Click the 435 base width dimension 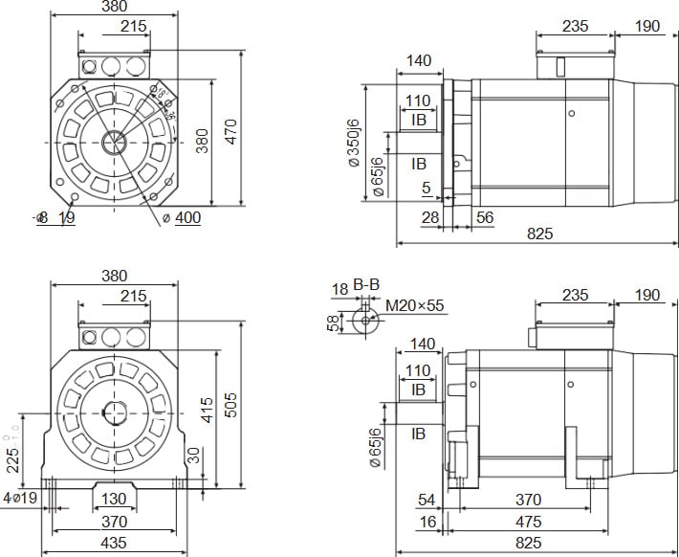point(114,542)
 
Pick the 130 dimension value point(114,500)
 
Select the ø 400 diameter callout point(182,218)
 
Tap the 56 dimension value point(485,218)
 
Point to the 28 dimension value point(430,218)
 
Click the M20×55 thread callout point(416,306)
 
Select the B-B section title point(366,285)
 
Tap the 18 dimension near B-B point(339,289)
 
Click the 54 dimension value point(427,501)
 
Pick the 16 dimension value point(427,522)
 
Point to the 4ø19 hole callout point(20,500)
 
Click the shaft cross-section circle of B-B point(364,321)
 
